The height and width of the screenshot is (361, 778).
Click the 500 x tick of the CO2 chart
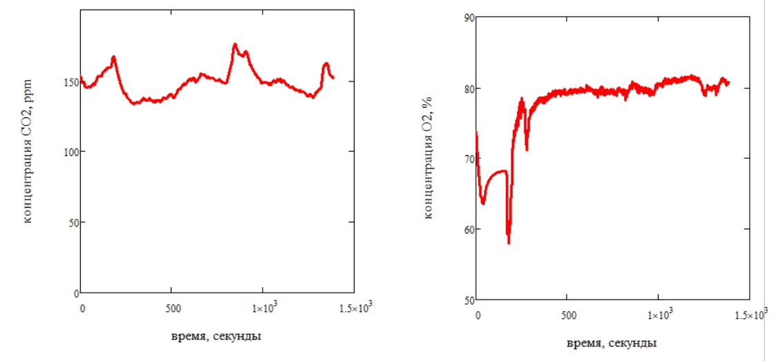(171, 308)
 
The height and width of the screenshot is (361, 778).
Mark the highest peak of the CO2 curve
(235, 44)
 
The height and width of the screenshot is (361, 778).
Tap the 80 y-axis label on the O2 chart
(468, 89)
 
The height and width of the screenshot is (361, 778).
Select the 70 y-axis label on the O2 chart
(468, 159)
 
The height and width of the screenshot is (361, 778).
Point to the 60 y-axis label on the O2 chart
(468, 230)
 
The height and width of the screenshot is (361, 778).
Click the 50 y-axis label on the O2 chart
(468, 300)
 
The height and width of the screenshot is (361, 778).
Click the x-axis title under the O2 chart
(613, 343)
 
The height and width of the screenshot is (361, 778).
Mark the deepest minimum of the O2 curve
(509, 242)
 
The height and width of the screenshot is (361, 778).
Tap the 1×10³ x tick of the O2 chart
(658, 315)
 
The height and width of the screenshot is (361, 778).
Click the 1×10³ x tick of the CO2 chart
(263, 309)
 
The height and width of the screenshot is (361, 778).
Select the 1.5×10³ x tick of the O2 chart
(749, 315)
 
